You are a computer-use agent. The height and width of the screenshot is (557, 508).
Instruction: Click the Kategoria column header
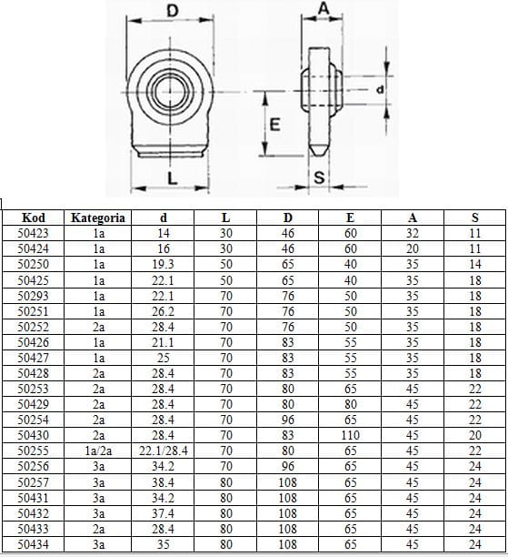point(98,218)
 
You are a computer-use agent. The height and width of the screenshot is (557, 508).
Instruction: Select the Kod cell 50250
point(33,264)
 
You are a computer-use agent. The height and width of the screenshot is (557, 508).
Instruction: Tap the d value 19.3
point(163,264)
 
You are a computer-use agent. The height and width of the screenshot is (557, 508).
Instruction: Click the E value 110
point(350,435)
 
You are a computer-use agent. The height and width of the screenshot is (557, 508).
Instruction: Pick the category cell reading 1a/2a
point(98,451)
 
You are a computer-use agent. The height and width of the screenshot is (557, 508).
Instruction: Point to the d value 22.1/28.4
point(164,451)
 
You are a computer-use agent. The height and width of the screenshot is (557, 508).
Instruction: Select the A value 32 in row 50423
point(413,233)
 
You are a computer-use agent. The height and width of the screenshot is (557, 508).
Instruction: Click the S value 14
point(474,264)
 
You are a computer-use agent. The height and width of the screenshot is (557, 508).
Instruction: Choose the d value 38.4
point(163,482)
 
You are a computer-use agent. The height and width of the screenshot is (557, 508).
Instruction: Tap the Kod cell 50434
point(33,544)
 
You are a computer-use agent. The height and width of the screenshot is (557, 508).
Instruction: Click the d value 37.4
point(163,513)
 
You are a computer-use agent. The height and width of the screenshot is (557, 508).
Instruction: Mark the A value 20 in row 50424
point(413,248)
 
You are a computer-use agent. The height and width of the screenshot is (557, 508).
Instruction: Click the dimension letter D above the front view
point(172,11)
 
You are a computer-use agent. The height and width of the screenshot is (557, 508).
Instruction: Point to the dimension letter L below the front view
point(172,177)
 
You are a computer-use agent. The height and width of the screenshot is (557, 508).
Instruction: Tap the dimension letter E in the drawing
point(275,125)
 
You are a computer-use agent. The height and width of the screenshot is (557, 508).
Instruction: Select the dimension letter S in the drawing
point(319,177)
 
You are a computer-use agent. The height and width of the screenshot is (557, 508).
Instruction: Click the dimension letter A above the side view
point(324,8)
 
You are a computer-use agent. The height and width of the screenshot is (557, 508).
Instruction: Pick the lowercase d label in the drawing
point(380,89)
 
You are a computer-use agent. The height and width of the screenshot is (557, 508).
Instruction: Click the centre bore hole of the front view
point(171,92)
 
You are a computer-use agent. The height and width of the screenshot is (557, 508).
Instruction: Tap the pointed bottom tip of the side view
point(319,154)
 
